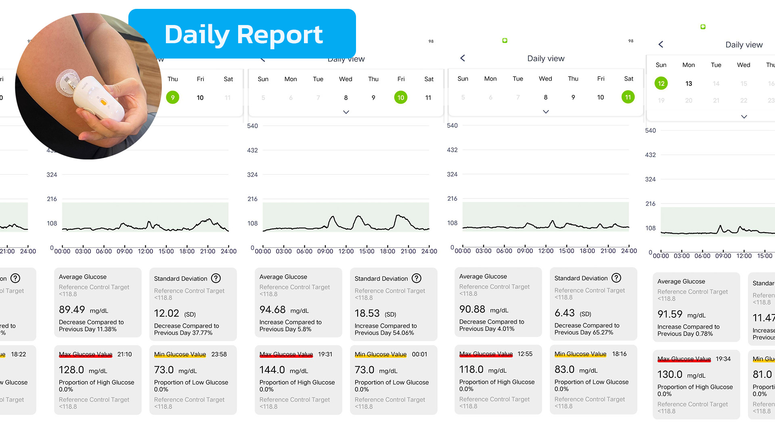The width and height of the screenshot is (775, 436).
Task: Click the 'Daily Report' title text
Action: (243, 35)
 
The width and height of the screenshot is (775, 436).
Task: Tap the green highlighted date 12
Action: (661, 84)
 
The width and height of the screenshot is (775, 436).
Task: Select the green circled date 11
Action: (628, 97)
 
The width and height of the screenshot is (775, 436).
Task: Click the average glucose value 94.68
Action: (272, 310)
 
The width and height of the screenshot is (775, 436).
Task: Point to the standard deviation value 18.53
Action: (367, 313)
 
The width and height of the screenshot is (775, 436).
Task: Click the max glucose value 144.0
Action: (272, 370)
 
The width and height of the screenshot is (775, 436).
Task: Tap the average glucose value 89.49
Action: (72, 310)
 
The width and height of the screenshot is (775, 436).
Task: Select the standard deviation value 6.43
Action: (564, 313)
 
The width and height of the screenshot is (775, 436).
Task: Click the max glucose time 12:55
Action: (525, 354)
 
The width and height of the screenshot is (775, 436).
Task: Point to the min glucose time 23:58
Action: (219, 354)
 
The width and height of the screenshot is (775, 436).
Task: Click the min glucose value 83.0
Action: (564, 369)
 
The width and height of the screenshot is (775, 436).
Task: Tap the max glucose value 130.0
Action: (670, 375)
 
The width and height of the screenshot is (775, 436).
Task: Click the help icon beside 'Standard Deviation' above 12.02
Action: (216, 278)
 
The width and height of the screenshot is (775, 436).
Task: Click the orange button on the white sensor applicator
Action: (103, 103)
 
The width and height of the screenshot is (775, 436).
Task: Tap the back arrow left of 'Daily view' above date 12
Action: (661, 44)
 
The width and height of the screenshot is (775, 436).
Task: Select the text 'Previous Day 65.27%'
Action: (584, 333)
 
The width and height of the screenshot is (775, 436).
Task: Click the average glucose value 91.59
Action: (670, 314)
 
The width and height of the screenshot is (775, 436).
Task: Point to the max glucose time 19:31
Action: (325, 354)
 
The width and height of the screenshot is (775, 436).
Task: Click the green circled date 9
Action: (173, 98)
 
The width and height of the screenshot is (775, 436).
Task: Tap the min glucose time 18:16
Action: (619, 354)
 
